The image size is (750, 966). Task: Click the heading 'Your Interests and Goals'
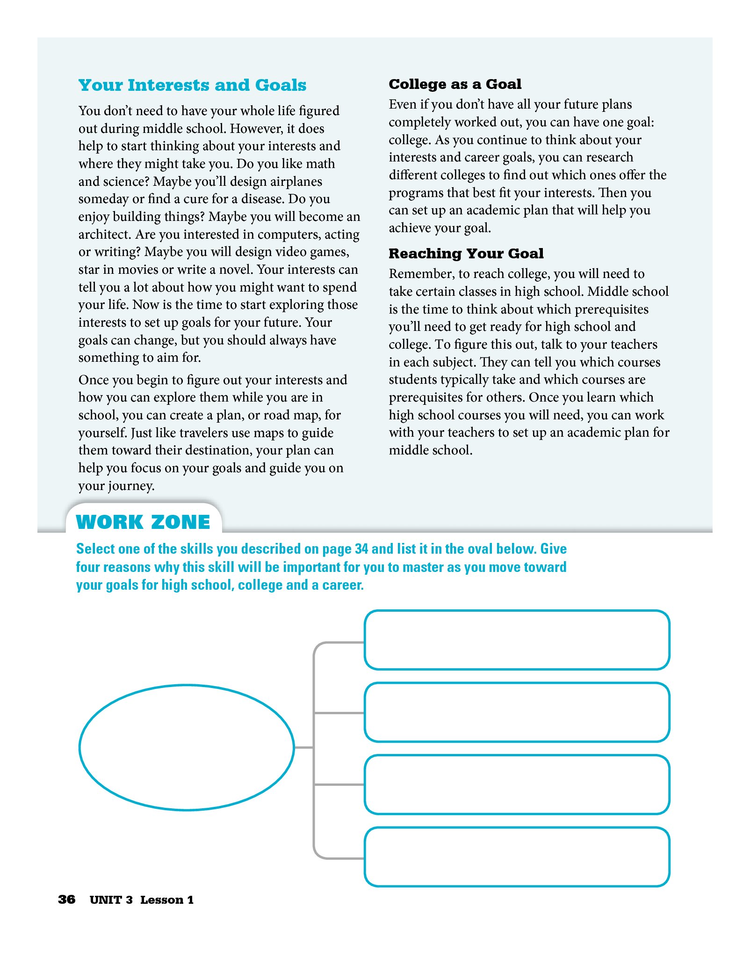pos(192,85)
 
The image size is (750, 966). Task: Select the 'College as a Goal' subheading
pos(455,84)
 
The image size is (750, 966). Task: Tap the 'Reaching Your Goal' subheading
pos(466,254)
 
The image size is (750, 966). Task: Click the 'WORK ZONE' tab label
pos(143,522)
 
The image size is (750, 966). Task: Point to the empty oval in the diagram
pos(187,747)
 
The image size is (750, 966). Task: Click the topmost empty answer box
pos(517,640)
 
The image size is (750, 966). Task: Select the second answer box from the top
pos(517,712)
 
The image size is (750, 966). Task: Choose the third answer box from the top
pos(517,784)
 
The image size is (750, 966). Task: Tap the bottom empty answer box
pos(517,856)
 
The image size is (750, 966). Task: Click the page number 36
pos(66,900)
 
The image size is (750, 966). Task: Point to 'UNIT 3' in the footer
pos(111,900)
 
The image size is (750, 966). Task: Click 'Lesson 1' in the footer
pos(167,900)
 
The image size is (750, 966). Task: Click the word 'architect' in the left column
pos(104,234)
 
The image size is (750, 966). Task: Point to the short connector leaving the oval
pos(304,747)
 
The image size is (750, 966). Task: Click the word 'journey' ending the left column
pos(134,486)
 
